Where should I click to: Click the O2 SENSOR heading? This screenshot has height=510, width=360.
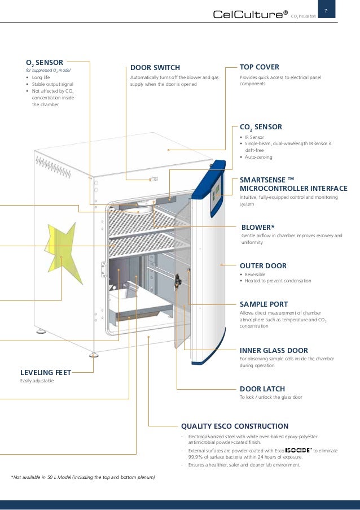pos(45,62)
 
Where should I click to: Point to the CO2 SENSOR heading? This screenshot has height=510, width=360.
pos(261,127)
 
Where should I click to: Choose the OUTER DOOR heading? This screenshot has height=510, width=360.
pos(263,265)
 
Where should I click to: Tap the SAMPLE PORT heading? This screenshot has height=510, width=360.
pos(264,303)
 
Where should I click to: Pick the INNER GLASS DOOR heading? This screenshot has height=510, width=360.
pos(274,350)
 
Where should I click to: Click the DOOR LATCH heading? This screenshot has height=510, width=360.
pos(262,389)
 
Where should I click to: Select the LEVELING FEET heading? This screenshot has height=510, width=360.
pos(45,373)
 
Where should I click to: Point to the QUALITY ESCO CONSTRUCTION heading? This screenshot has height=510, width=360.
pos(234,426)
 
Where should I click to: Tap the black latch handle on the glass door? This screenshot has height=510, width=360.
pos(178,279)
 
